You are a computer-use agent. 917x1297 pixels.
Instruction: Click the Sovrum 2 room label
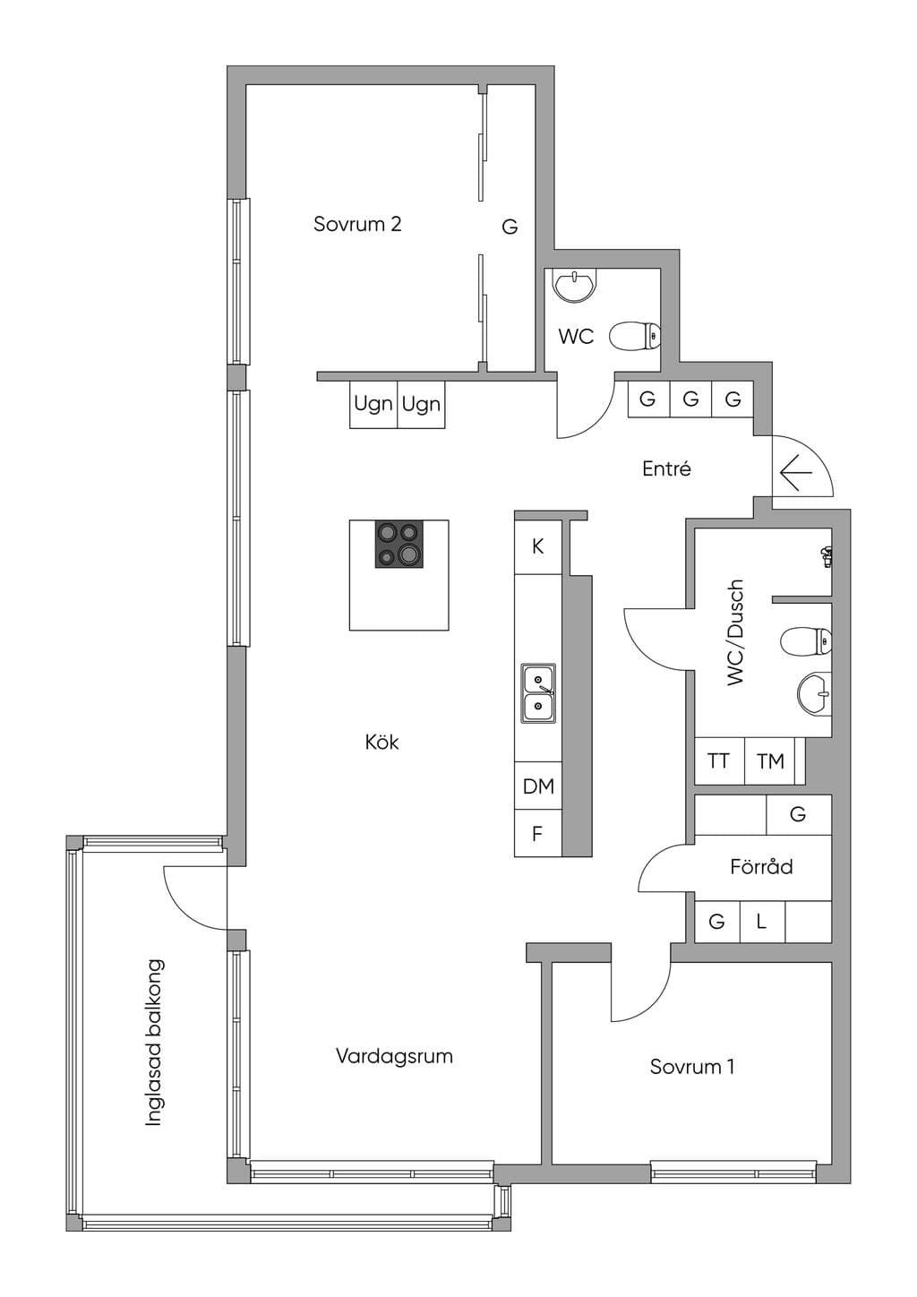point(357,224)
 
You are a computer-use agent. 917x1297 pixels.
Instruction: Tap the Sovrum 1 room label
point(692,1067)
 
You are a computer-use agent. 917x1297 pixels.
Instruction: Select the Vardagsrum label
point(394,1057)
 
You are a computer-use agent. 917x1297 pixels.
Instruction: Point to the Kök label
point(382,742)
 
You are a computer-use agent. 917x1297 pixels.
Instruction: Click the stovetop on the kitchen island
point(399,544)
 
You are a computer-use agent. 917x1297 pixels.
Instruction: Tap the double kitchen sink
point(538,693)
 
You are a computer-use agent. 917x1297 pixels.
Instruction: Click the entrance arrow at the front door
point(796,473)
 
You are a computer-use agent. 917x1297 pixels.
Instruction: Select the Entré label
point(666,468)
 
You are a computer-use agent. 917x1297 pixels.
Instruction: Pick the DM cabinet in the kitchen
point(538,786)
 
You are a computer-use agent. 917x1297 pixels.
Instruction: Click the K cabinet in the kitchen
point(538,547)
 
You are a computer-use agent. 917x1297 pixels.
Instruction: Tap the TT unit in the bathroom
point(719,760)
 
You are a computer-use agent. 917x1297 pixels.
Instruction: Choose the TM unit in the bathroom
point(770,760)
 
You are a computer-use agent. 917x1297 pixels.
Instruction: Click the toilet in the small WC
point(635,337)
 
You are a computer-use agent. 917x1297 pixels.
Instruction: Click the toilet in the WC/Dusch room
point(806,641)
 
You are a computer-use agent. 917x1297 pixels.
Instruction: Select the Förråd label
point(761,867)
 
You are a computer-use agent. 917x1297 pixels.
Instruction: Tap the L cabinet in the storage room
point(762,921)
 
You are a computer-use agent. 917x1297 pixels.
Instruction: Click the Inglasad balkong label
point(154,1043)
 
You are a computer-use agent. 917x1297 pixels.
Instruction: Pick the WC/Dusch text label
point(735,633)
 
